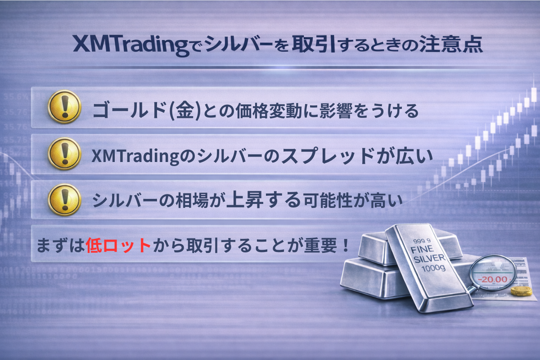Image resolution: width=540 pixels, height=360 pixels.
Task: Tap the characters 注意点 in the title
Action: [451, 44]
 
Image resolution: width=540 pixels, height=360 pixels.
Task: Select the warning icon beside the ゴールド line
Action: [64, 107]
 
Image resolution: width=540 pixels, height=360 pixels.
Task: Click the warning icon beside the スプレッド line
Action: [64, 153]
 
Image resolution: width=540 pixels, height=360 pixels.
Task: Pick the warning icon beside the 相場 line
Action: [64, 200]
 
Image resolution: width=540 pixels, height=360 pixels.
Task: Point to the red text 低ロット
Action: [118, 245]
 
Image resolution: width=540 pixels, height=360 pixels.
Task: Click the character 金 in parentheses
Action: [185, 111]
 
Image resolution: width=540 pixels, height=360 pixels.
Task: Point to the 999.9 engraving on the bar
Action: [422, 241]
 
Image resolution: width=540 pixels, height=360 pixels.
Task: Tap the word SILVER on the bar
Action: [430, 258]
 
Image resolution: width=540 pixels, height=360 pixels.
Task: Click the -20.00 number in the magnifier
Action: [493, 279]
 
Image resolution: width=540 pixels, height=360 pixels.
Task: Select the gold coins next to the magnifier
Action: [521, 292]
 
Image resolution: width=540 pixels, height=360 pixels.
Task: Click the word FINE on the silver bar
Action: [422, 249]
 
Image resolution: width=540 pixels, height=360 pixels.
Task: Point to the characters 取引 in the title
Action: [314, 44]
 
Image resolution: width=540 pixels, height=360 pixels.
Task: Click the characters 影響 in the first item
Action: [336, 111]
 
